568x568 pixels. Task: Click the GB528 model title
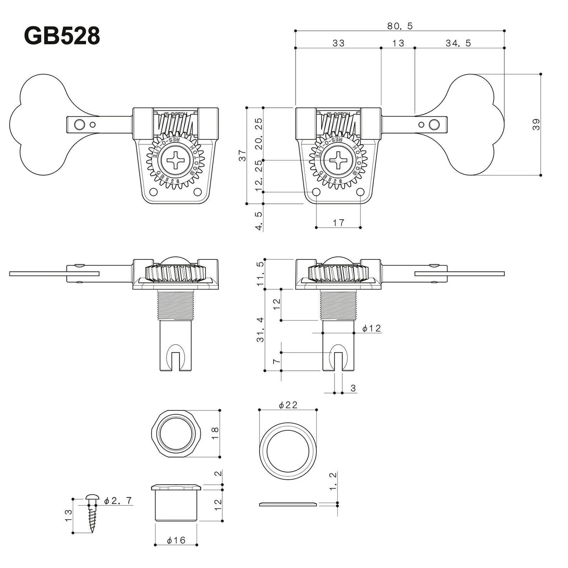click(x=62, y=37)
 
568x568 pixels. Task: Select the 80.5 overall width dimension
click(x=399, y=26)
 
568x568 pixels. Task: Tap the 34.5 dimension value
click(x=458, y=43)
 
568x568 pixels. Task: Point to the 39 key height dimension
click(x=537, y=125)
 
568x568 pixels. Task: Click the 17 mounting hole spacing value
click(x=338, y=222)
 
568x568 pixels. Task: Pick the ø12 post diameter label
click(x=371, y=328)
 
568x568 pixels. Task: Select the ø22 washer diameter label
click(x=288, y=404)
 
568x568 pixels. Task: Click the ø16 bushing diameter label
click(x=176, y=540)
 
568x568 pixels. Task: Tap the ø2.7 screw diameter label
click(x=118, y=501)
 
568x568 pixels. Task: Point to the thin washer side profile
click(x=288, y=504)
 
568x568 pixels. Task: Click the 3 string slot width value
click(x=353, y=388)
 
